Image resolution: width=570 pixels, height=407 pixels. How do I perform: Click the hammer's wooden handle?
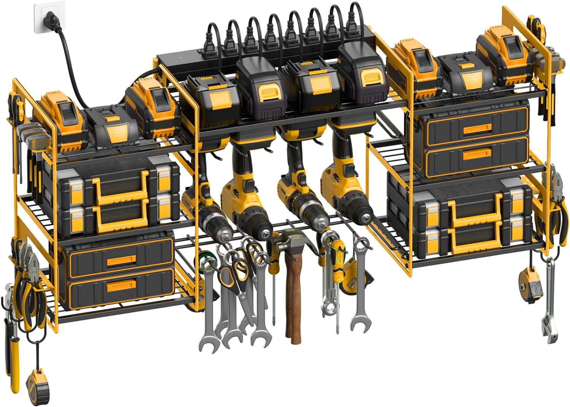tap(293, 300)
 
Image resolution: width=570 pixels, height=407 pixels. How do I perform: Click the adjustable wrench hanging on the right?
tap(549, 304)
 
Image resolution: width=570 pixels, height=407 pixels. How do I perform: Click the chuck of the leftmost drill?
tap(220, 228)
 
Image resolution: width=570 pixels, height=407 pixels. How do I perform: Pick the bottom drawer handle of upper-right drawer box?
tap(477, 154)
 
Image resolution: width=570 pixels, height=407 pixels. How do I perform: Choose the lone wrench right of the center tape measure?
tap(359, 289)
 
